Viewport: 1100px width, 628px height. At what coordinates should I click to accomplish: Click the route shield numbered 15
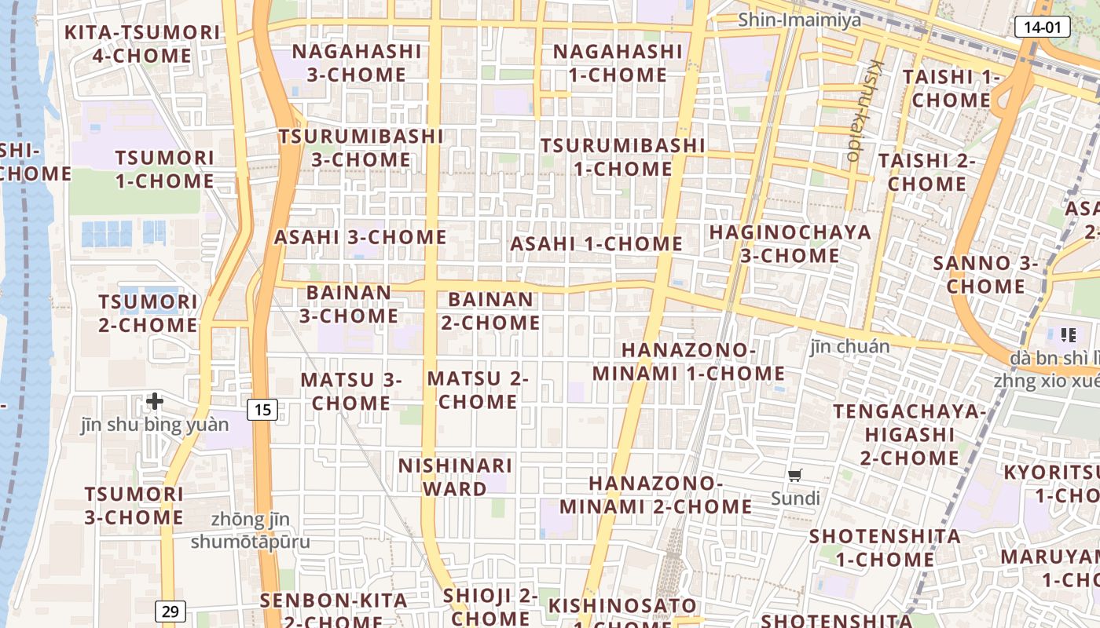click(x=263, y=409)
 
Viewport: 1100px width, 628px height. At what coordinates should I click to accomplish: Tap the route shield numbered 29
click(x=169, y=611)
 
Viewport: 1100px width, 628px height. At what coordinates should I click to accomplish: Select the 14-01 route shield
click(x=1043, y=27)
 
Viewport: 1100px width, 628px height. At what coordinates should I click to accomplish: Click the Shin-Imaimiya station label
click(x=799, y=20)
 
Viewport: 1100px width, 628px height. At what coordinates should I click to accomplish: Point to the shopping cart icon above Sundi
click(x=795, y=475)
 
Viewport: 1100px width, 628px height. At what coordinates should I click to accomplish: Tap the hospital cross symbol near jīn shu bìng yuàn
click(x=155, y=401)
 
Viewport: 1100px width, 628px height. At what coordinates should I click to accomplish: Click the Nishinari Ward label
click(x=455, y=476)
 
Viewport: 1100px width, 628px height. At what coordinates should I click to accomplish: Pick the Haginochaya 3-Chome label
click(x=790, y=243)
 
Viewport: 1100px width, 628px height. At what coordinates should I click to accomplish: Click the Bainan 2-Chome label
click(x=490, y=311)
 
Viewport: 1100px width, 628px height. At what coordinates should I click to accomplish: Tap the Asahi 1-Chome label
click(x=596, y=243)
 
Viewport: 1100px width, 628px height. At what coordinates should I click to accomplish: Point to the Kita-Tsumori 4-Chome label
click(x=141, y=44)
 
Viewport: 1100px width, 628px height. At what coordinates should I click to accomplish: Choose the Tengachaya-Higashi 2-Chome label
click(x=909, y=434)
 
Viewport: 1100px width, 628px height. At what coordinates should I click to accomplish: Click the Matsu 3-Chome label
click(x=350, y=391)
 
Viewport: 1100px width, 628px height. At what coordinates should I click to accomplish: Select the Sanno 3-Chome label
click(x=985, y=275)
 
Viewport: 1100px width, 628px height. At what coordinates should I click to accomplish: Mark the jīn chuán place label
click(x=850, y=346)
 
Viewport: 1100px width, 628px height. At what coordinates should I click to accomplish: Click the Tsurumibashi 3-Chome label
click(x=361, y=148)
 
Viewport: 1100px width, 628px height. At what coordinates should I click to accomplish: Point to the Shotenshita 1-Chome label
click(x=885, y=548)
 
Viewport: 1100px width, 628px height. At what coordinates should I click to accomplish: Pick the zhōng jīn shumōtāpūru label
click(x=251, y=531)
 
